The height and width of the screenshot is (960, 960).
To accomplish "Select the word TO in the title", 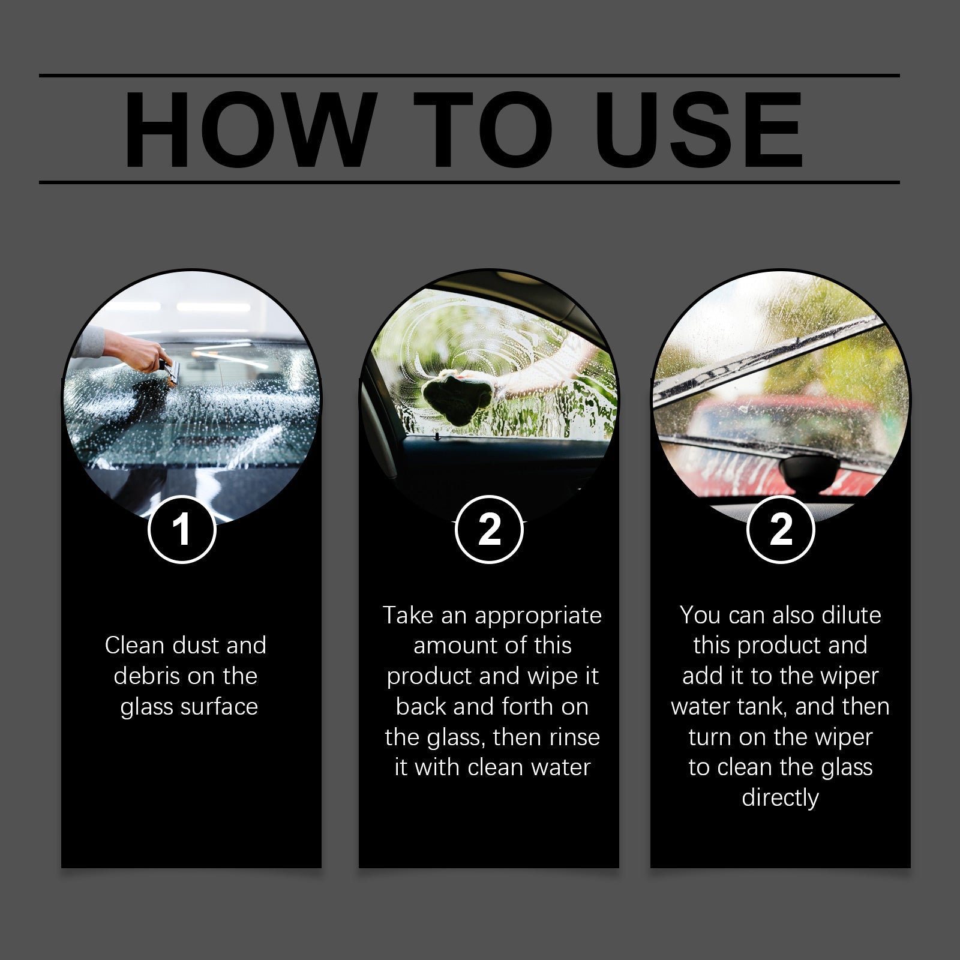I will [x=483, y=130].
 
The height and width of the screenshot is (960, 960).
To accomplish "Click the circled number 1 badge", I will [x=182, y=530].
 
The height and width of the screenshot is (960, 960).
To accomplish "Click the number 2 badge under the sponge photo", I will [x=489, y=530].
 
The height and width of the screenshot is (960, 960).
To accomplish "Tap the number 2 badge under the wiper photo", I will [x=780, y=530].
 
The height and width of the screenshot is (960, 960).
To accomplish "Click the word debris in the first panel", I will [x=147, y=676].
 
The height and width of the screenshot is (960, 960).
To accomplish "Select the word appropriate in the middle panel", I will [x=538, y=616].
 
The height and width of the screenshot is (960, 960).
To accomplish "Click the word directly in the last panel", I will [x=780, y=799].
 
